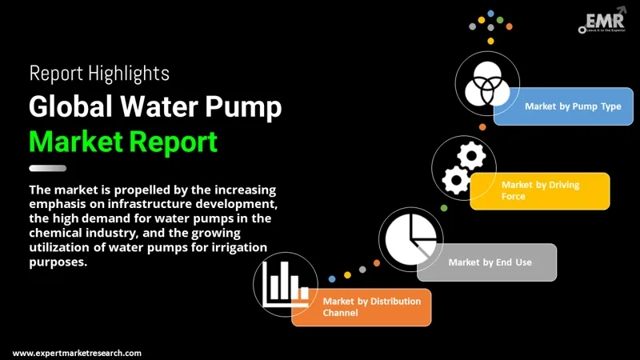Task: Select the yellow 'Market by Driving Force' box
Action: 540,190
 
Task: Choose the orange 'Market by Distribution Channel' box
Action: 362,306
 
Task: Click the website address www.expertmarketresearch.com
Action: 78,353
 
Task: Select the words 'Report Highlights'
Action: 99,74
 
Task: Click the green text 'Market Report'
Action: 122,141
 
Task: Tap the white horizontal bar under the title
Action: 47,168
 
